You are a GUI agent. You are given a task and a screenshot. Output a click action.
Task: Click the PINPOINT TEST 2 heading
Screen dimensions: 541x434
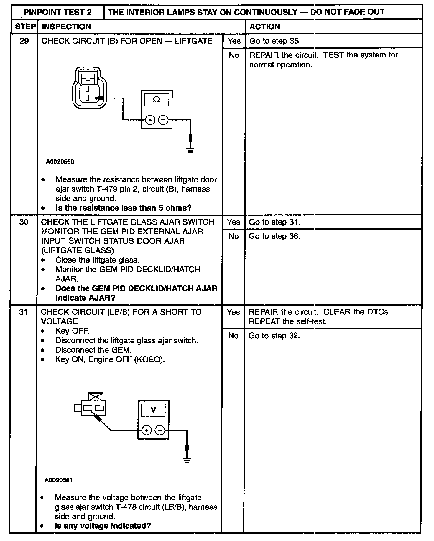coord(57,12)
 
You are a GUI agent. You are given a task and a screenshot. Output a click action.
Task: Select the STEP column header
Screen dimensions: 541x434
coord(25,27)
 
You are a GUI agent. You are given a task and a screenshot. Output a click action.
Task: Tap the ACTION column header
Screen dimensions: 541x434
coord(264,27)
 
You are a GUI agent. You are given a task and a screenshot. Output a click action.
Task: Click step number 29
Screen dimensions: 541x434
coord(24,41)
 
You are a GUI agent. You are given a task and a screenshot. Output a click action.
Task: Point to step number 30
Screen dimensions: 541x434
coord(24,222)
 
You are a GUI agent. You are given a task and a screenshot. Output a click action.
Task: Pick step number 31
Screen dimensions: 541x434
coord(23,312)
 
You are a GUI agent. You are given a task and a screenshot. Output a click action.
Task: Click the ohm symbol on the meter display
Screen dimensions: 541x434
coord(156,100)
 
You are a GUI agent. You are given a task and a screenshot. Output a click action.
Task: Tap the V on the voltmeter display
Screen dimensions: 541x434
coord(153,410)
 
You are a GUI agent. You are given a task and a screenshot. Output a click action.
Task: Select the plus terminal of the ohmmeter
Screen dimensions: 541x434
coord(150,120)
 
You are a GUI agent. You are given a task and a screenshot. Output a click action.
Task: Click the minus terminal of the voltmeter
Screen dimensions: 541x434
coord(160,430)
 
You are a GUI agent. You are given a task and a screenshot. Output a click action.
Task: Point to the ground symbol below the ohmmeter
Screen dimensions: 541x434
coord(190,150)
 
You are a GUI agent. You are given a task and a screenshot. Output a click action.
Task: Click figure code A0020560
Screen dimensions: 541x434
coord(60,162)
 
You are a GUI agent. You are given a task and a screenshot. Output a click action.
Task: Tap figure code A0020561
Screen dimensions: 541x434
coord(59,480)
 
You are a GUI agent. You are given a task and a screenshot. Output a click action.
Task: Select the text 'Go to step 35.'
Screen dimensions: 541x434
coord(275,41)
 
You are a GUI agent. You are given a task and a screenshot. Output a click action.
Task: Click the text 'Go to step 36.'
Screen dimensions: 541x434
coord(274,236)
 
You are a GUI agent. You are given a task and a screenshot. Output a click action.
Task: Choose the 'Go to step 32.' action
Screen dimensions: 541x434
coord(274,336)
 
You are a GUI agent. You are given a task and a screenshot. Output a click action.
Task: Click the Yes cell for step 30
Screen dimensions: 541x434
coord(233,222)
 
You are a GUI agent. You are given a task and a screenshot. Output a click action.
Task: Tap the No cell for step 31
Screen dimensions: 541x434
coord(233,336)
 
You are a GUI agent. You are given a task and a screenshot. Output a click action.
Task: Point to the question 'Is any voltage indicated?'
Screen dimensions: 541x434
coord(103,526)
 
